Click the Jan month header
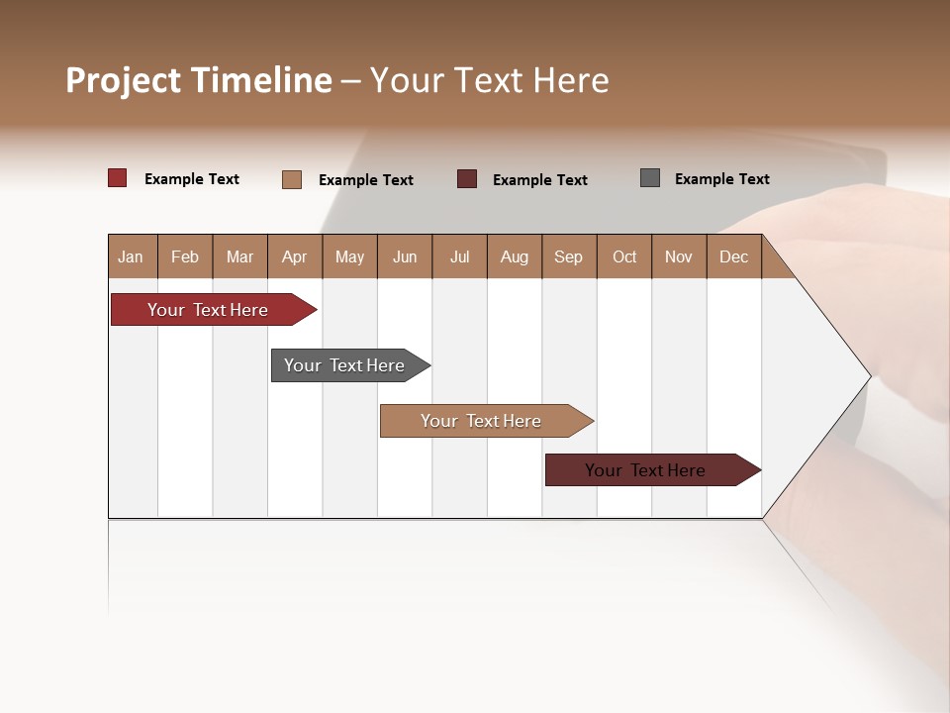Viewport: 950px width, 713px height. pyautogui.click(x=132, y=256)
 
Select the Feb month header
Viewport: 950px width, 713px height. pyautogui.click(x=185, y=256)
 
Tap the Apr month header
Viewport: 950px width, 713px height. pyautogui.click(x=295, y=256)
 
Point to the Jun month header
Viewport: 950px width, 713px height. pyautogui.click(x=405, y=256)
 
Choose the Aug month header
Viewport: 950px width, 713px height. pyautogui.click(x=515, y=256)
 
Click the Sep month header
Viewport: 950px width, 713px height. pyautogui.click(x=569, y=256)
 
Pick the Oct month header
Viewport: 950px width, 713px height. pyautogui.click(x=624, y=256)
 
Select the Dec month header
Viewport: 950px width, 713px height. pyautogui.click(x=734, y=256)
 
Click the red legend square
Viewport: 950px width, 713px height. pyautogui.click(x=118, y=178)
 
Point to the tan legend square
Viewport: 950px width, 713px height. pyautogui.click(x=292, y=179)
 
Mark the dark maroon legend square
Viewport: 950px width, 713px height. pyautogui.click(x=467, y=179)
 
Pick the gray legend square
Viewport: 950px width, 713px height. pyautogui.click(x=650, y=178)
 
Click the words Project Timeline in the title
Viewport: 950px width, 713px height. pyautogui.click(x=198, y=80)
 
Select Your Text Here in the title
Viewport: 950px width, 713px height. pyautogui.click(x=490, y=80)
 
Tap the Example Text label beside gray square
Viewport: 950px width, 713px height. pyautogui.click(x=721, y=179)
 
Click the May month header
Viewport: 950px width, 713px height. pyautogui.click(x=349, y=256)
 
